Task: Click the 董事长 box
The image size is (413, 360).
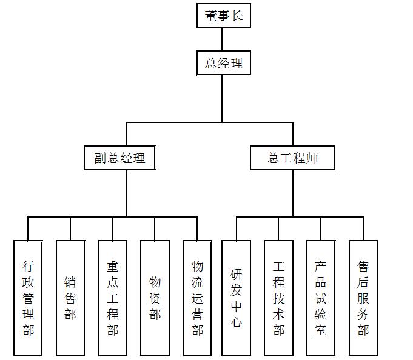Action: point(223,16)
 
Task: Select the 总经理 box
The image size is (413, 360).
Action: point(223,63)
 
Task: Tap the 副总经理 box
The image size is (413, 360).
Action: point(119,159)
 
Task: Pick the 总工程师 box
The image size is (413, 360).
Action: point(292,159)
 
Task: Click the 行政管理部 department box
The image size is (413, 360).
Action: point(28,298)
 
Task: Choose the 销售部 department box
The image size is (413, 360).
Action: point(70,298)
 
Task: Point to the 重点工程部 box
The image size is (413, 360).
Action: point(113,298)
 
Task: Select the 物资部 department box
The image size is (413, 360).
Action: point(155,298)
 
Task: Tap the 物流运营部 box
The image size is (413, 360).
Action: point(197,298)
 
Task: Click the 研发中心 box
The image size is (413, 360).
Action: point(236,298)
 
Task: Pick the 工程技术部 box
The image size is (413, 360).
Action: point(278,298)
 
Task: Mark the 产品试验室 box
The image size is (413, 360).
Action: point(321,298)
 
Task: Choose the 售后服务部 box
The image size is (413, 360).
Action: point(363,298)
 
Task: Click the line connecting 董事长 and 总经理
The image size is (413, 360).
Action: point(223,39)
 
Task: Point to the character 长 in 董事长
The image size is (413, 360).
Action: point(237,16)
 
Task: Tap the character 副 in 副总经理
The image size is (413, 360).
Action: point(101,159)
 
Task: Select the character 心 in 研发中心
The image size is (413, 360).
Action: point(236,322)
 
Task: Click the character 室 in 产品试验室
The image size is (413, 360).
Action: point(321,330)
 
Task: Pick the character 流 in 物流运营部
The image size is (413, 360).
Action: point(197,282)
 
